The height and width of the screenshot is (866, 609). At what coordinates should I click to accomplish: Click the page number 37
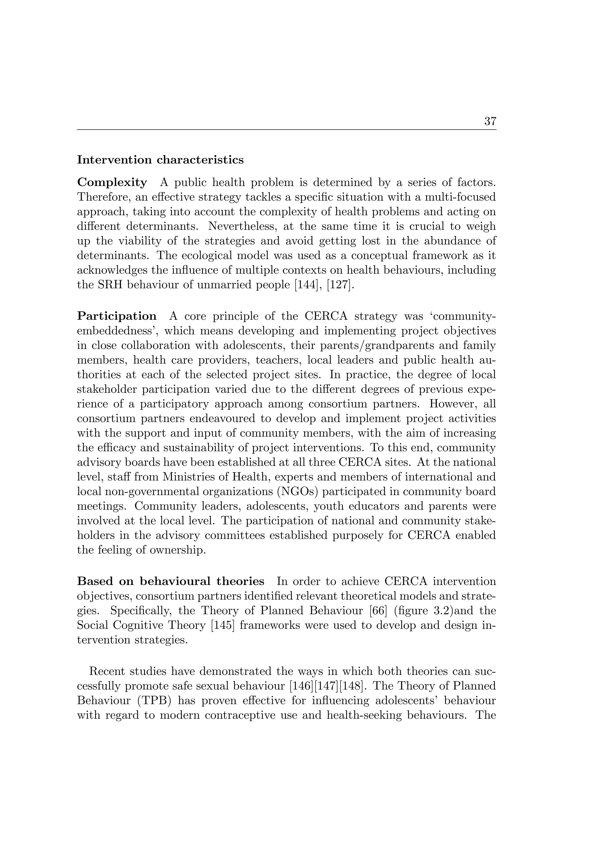(490, 121)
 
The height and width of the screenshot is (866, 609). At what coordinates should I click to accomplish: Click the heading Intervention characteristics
(160, 160)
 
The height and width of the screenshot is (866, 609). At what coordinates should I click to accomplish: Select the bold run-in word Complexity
(112, 183)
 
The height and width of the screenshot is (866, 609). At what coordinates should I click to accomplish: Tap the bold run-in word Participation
(117, 316)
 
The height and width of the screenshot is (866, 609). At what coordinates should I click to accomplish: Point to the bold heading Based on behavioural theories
(170, 581)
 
